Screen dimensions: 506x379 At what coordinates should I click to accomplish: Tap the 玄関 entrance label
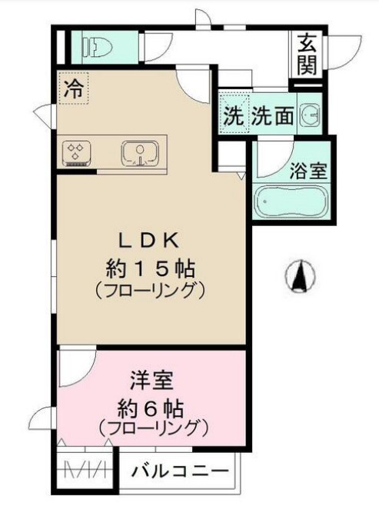pos(306,54)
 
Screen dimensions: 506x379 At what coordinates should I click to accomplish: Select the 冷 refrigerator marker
pos(73,87)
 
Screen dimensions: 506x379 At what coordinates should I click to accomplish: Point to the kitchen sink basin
pos(139,153)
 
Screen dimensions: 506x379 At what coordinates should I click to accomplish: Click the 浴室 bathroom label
pos(309,171)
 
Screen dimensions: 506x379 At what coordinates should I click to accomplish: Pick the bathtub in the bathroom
pos(291,201)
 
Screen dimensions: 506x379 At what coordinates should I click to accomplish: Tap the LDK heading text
pos(150,238)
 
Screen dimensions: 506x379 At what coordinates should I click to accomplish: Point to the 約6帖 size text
pos(151,405)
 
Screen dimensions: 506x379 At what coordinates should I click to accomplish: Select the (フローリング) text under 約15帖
pos(150,291)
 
